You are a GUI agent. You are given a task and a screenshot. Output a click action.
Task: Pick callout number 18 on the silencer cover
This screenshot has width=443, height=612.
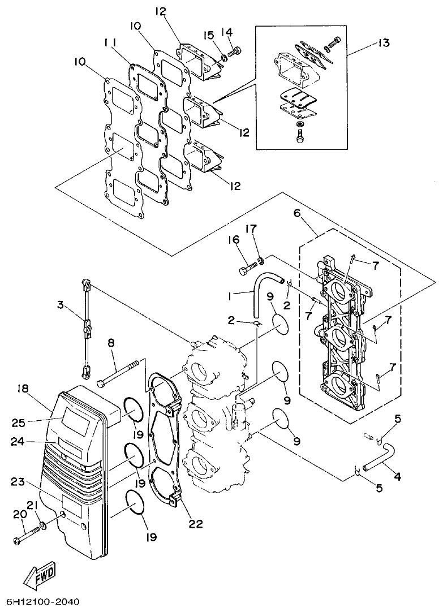click(x=22, y=390)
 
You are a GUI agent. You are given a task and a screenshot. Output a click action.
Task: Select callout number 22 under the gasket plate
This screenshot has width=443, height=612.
click(x=196, y=524)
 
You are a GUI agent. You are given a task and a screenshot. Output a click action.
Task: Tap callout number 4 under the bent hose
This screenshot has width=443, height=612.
click(x=397, y=477)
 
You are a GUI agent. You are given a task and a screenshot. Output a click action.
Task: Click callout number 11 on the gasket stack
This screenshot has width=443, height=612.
click(x=111, y=43)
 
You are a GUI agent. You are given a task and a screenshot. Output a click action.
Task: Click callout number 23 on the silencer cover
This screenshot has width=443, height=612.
click(x=18, y=482)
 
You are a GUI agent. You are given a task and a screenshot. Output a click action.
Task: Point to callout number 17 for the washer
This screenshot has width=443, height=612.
click(x=251, y=229)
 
